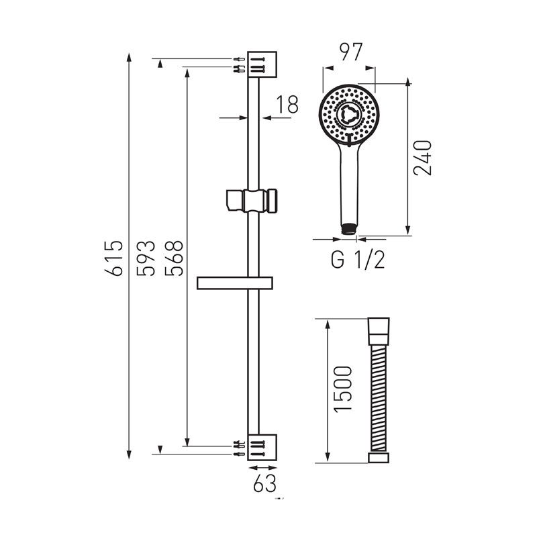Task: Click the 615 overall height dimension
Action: click(113, 258)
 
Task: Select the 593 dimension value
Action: click(146, 258)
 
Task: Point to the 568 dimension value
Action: click(174, 258)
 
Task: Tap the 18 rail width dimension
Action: click(287, 104)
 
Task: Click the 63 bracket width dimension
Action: click(264, 483)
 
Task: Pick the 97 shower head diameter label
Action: click(350, 52)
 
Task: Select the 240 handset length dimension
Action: click(422, 158)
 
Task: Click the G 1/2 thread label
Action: click(358, 260)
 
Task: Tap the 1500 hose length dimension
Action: click(343, 389)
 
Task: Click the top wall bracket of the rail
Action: click(262, 64)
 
